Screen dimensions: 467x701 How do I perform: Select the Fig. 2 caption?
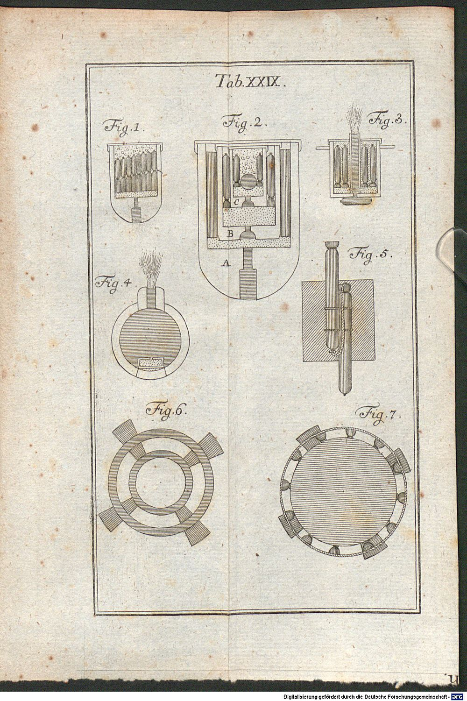pyautogui.click(x=245, y=122)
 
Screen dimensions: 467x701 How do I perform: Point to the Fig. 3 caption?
pyautogui.click(x=387, y=120)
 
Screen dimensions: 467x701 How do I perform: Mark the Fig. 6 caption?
pyautogui.click(x=167, y=409)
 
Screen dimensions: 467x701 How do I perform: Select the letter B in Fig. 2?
pyautogui.click(x=231, y=234)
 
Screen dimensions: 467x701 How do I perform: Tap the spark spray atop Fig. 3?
pyautogui.click(x=355, y=120)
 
